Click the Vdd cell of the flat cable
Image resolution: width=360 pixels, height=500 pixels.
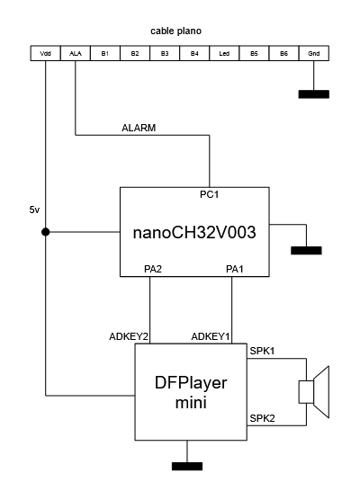[45, 53]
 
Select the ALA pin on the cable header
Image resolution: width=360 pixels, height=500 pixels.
[76, 53]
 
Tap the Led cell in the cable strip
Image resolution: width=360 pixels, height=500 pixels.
[224, 53]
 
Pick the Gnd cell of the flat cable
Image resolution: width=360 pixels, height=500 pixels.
[314, 53]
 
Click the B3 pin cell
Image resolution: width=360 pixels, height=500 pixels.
[165, 53]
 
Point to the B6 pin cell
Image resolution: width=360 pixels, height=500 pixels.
[283, 53]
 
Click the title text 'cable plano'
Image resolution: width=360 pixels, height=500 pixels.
[175, 31]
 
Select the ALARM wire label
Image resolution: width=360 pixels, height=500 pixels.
[139, 128]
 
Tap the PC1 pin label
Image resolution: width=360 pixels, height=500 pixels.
[210, 194]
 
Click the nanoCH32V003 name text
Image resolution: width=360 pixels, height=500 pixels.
[194, 232]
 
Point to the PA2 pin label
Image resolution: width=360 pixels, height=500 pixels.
[153, 269]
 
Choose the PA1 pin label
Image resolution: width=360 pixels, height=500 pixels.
[235, 269]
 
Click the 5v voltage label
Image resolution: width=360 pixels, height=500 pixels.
[34, 210]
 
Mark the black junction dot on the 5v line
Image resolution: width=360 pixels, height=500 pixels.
[46, 232]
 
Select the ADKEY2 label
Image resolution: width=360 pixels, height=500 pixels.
[129, 336]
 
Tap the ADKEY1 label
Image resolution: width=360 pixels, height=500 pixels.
[211, 336]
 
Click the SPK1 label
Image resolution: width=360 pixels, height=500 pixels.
[262, 351]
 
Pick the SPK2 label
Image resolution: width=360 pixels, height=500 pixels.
[262, 418]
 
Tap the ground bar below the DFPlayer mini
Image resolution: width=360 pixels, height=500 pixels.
[187, 466]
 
